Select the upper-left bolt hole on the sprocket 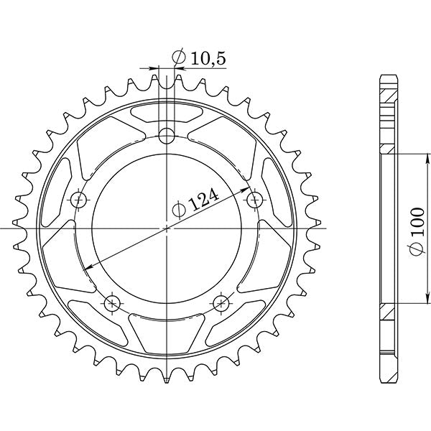78,198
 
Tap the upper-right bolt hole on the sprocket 255,198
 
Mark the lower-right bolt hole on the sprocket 221,302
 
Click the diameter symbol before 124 180,210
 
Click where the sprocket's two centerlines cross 167,228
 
